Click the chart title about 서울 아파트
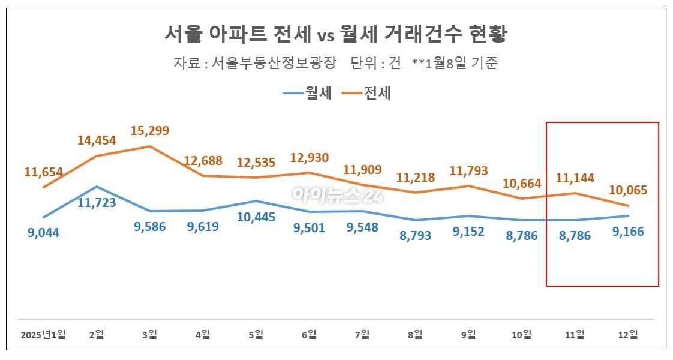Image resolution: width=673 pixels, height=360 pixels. [336, 34]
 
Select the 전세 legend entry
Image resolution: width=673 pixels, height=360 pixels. [366, 93]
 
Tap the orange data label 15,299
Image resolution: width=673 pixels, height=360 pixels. [150, 130]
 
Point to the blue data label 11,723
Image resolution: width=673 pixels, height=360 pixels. [97, 203]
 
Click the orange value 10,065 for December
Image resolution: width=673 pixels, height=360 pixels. [628, 190]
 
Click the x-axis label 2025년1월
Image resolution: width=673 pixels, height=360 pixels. [43, 335]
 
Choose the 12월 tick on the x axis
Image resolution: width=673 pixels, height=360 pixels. [627, 335]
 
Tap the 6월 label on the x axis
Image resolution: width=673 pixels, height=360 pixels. [309, 335]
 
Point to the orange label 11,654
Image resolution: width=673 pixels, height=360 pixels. [44, 172]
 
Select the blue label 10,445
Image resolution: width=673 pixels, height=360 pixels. [256, 217]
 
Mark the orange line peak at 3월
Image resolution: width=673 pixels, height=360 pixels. [150, 146]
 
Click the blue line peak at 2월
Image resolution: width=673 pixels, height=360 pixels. [97, 187]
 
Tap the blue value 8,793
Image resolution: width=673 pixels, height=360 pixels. [416, 236]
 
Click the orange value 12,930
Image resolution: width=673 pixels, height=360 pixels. [309, 158]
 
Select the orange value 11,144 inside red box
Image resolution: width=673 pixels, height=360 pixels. [575, 178]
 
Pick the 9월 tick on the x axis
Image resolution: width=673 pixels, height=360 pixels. [468, 335]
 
